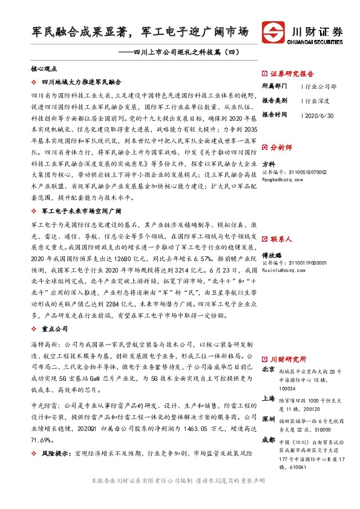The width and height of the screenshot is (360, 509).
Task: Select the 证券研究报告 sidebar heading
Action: [290, 71]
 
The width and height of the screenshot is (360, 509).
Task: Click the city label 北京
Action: [268, 369]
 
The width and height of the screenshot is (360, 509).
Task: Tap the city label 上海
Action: [268, 398]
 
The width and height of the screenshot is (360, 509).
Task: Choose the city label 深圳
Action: [268, 418]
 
